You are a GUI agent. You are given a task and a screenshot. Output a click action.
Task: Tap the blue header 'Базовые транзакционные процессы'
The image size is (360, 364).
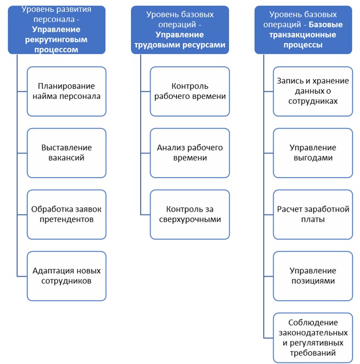tap(303, 30)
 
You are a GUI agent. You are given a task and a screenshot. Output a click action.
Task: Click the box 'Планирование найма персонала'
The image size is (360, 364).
tap(67, 91)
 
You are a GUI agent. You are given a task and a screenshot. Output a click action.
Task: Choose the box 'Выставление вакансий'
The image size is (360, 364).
tap(67, 153)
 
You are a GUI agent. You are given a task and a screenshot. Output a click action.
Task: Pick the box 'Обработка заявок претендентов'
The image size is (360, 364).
tap(67, 214)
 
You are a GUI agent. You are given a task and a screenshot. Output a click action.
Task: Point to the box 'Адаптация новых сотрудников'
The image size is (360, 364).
tap(67, 276)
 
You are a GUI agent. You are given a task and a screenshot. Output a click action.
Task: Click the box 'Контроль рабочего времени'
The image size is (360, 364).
tap(190, 91)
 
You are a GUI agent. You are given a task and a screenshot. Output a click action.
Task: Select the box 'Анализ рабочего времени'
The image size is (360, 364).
tap(190, 153)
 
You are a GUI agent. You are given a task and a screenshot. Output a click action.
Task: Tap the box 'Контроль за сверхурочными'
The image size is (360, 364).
tap(190, 214)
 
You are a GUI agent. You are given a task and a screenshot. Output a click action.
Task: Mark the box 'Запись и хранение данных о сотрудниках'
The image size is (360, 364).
tap(312, 91)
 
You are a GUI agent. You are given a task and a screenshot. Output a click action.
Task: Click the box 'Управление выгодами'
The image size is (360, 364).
tap(312, 153)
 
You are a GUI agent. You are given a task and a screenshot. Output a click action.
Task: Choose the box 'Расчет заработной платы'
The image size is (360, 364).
tap(312, 214)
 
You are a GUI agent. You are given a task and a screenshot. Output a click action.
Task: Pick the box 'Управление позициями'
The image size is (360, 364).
tap(312, 276)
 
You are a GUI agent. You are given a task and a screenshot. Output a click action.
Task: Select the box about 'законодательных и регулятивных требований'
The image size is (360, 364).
tap(312, 338)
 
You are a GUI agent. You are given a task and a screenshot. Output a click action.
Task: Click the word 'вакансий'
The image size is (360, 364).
tap(67, 158)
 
